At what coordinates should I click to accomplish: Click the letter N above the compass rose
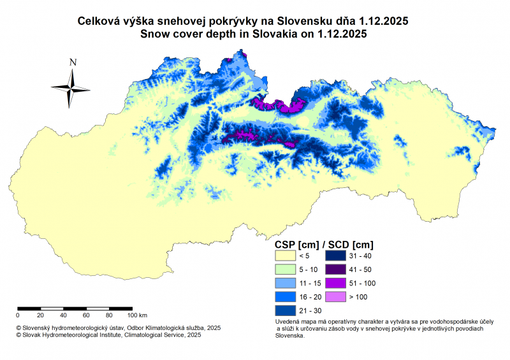tap(73, 62)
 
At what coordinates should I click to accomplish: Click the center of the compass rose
tap(71, 87)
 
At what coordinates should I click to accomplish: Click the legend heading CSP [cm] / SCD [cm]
tap(323, 244)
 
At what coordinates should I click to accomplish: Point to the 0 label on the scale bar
tap(18, 315)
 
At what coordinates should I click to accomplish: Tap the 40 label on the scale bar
tap(63, 315)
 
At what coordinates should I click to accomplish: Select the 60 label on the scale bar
tap(86, 315)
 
